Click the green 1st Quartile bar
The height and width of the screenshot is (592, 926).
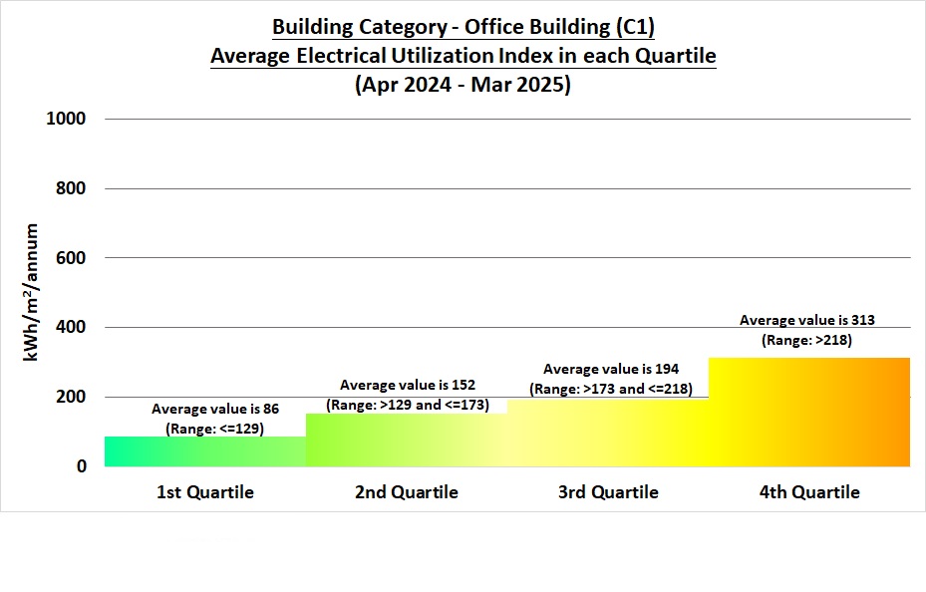(x=205, y=451)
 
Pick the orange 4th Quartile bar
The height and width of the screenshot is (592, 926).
(x=809, y=412)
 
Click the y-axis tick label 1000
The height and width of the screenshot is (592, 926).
(x=67, y=119)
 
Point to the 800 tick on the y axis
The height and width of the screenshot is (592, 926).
(x=72, y=188)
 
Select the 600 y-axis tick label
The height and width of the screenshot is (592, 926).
(x=72, y=258)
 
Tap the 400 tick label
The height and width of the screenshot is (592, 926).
(x=72, y=327)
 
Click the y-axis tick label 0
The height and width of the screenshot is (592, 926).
(x=82, y=466)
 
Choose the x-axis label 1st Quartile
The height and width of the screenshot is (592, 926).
(x=205, y=492)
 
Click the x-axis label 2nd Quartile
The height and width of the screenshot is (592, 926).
(x=407, y=492)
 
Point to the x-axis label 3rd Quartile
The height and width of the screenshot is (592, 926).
(x=608, y=492)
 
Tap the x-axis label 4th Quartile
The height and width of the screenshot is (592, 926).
(x=809, y=492)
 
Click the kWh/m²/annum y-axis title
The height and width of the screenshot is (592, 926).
(x=32, y=292)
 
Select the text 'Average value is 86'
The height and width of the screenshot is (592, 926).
(x=214, y=409)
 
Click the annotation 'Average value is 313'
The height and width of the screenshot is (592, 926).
(x=807, y=320)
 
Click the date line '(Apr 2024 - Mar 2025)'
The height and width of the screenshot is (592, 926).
(x=463, y=85)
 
